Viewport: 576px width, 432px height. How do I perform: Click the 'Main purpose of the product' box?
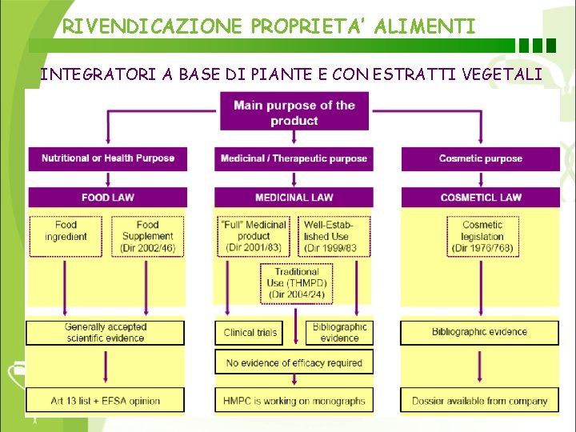(294, 113)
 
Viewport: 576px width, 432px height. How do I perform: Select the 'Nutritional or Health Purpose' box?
(107, 158)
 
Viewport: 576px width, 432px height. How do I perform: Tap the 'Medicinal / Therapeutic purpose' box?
(294, 158)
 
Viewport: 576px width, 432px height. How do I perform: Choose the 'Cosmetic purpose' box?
(480, 158)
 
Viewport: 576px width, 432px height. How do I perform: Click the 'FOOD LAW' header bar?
(107, 197)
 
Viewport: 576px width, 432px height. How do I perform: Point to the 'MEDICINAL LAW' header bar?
(294, 197)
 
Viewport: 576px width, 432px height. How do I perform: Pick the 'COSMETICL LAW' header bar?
(480, 197)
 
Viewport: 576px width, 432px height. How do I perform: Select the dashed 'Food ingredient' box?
(66, 236)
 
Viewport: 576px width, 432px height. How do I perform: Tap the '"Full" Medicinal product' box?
(254, 236)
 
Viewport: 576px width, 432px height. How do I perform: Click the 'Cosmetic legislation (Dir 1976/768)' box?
(482, 236)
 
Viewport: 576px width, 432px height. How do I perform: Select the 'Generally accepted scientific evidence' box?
(106, 333)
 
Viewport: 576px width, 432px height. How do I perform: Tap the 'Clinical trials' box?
(250, 333)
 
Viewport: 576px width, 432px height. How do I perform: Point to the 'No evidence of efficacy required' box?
(294, 362)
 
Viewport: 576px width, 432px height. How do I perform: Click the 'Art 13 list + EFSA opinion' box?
(106, 400)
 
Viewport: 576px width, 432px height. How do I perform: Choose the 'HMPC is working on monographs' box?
(294, 400)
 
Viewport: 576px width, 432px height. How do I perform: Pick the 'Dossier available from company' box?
(479, 400)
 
